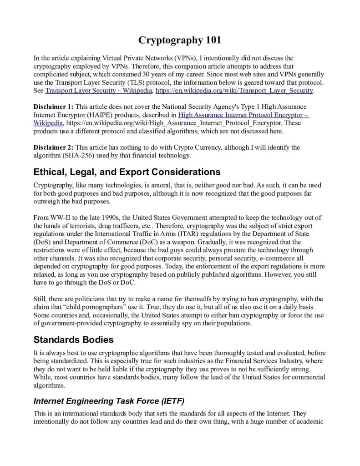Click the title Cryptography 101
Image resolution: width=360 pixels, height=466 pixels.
click(180, 41)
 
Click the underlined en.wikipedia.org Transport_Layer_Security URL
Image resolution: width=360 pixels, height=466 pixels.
click(234, 91)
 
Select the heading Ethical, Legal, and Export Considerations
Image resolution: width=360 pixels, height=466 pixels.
click(127, 172)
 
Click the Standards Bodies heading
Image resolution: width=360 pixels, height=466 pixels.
click(74, 340)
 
